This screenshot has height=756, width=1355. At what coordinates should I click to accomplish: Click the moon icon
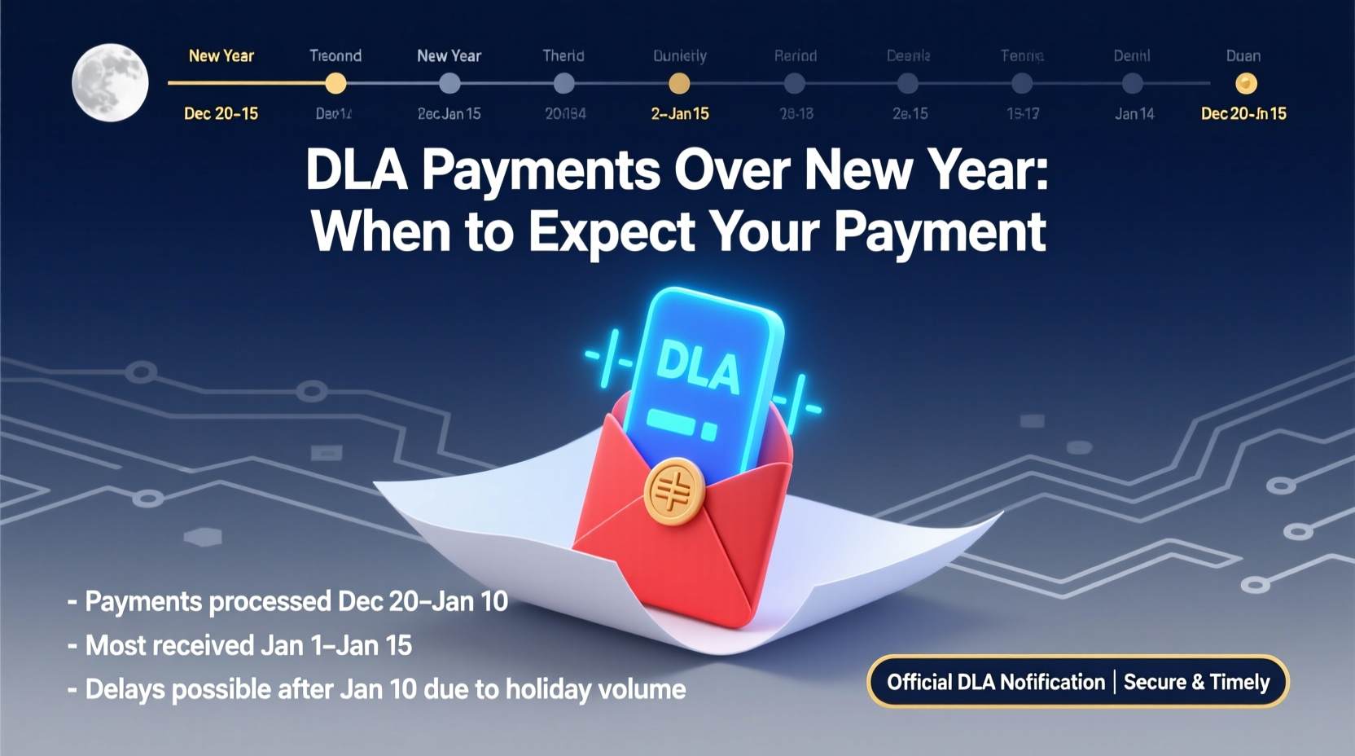[110, 82]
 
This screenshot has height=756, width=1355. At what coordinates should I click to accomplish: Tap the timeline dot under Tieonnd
[335, 83]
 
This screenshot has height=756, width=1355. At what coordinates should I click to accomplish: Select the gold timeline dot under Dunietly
[679, 83]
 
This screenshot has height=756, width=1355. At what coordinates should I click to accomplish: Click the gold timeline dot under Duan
[1246, 83]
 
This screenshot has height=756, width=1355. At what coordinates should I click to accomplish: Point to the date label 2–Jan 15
[680, 114]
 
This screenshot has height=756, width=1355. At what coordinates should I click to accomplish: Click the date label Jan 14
[1134, 114]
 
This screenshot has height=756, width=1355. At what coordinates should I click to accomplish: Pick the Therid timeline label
[563, 56]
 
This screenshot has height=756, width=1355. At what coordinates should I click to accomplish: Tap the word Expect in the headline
[612, 232]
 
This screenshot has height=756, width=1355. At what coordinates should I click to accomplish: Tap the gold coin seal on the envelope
[673, 490]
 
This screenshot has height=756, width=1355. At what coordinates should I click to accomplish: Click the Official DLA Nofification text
[995, 682]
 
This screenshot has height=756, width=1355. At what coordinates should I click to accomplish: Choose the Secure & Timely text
[1196, 682]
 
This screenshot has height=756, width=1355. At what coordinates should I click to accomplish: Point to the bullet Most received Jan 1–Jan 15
[248, 645]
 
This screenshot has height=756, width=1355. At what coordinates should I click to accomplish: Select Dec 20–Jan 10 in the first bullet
[423, 601]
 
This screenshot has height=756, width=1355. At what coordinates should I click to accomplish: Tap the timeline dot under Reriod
[794, 83]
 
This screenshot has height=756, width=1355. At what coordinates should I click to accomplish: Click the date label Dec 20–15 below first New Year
[221, 114]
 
